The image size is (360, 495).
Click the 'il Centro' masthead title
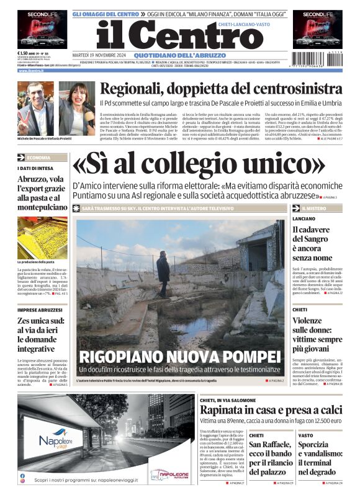[x=171, y=37]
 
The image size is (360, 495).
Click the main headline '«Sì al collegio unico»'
[x=199, y=164]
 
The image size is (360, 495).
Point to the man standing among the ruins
[x=163, y=274]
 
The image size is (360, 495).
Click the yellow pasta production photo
[x=42, y=237]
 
